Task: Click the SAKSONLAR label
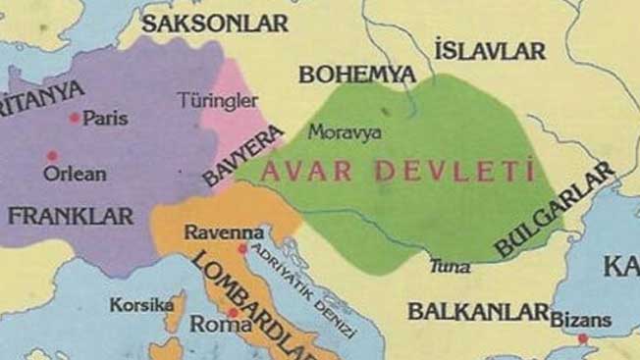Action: tap(215, 23)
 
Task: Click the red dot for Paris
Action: tap(75, 118)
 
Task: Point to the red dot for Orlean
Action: tap(52, 155)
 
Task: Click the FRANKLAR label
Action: tap(71, 216)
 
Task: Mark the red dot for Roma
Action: tap(233, 313)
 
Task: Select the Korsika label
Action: tap(142, 305)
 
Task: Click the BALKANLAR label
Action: tap(478, 313)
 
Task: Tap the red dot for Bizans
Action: tap(583, 338)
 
